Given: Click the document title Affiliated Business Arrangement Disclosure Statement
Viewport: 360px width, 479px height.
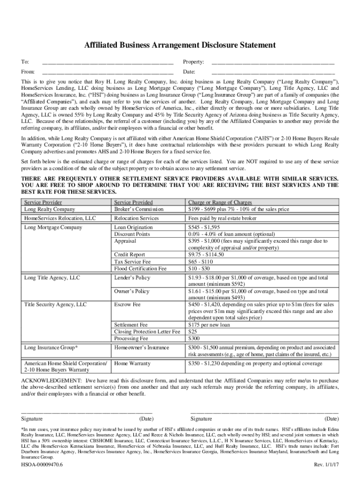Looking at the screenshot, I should (180, 45).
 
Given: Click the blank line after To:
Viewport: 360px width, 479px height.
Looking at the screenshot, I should (108, 62).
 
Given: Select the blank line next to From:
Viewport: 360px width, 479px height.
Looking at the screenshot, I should (108, 73).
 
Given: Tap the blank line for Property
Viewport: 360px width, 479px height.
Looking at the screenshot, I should (273, 62).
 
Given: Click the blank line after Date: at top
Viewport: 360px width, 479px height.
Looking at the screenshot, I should (273, 73).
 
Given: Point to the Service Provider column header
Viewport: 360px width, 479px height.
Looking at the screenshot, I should (43, 202).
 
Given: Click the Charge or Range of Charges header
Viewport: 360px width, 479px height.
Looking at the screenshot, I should (219, 202).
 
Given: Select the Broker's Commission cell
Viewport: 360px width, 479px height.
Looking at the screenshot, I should (139, 209).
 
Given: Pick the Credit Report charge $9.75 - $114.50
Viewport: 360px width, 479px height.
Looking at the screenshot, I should (206, 254).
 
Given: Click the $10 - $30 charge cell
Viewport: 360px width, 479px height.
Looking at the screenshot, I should (198, 269).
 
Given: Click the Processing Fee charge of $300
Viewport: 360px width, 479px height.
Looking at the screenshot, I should (194, 338).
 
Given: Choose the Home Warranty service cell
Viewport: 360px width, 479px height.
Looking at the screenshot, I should (132, 363).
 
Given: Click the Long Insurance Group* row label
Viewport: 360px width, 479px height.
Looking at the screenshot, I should (51, 348).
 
